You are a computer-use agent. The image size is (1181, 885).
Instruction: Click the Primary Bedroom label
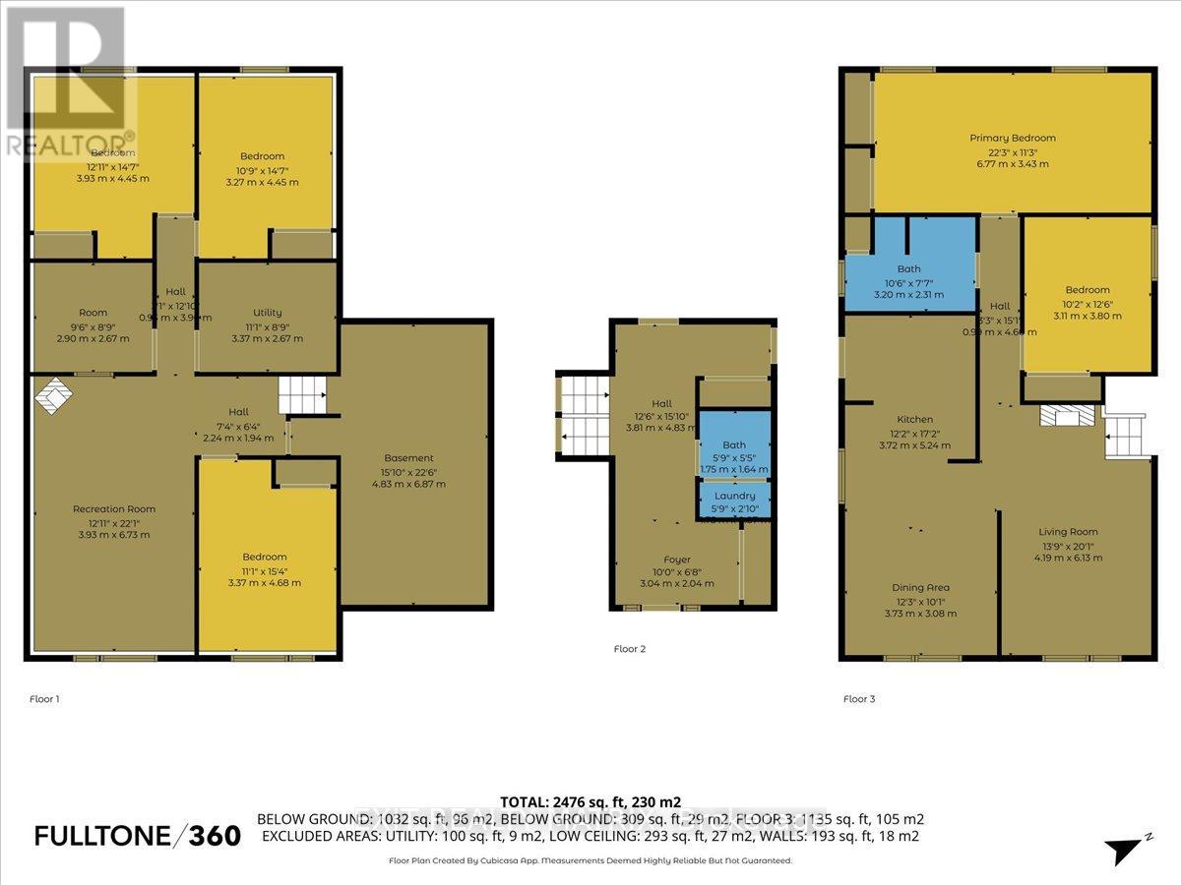point(1012,138)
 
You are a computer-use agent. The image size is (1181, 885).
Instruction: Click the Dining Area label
point(921,588)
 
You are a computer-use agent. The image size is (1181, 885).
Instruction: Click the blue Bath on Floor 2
point(733,445)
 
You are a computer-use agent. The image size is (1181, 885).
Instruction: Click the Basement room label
point(408,458)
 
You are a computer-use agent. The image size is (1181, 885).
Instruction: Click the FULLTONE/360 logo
point(137,836)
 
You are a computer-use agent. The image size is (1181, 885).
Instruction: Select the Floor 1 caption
point(44,699)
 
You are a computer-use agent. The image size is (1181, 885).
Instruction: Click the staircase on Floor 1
point(301,397)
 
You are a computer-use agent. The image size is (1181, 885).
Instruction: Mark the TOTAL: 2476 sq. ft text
point(590,802)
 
